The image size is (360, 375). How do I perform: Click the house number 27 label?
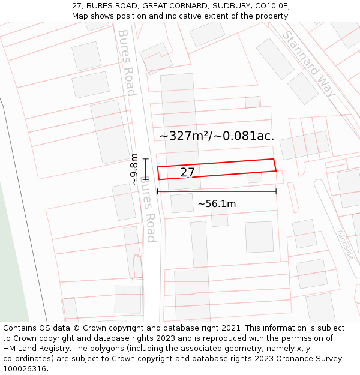187,173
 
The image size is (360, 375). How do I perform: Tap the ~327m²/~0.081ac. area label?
217,136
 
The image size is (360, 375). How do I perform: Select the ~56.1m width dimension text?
217,204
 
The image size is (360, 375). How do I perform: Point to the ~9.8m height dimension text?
134,169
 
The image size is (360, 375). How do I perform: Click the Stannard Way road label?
310,64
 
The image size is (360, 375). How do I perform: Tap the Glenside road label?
345,245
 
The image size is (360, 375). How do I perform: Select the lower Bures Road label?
148,209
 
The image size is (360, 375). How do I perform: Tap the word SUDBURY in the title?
220,6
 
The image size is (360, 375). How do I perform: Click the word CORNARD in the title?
172,6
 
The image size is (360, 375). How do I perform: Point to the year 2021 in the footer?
229,328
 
